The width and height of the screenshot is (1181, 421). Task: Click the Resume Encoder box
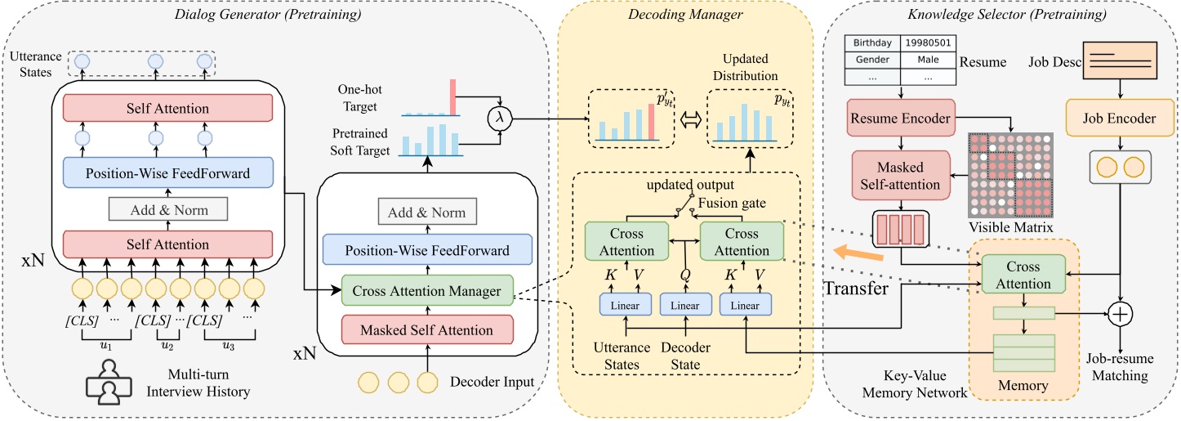point(900,119)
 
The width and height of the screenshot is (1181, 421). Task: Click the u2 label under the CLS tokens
point(167,346)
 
